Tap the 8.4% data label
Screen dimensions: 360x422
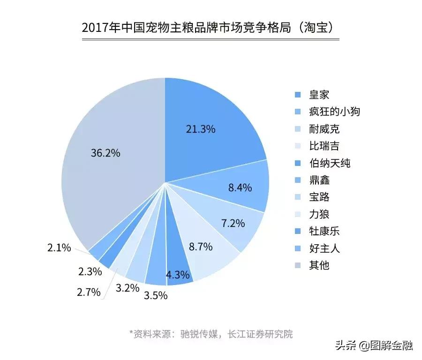(x=240, y=188)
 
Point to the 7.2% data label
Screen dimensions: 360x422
(x=233, y=223)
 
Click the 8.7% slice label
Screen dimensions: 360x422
(x=201, y=246)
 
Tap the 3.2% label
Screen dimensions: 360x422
(x=128, y=288)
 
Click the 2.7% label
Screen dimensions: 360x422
(x=89, y=292)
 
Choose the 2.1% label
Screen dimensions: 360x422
(x=59, y=247)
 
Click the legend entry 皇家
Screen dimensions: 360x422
(x=319, y=95)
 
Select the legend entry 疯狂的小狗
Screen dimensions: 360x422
(x=334, y=112)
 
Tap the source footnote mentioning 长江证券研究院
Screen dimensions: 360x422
(x=211, y=334)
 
